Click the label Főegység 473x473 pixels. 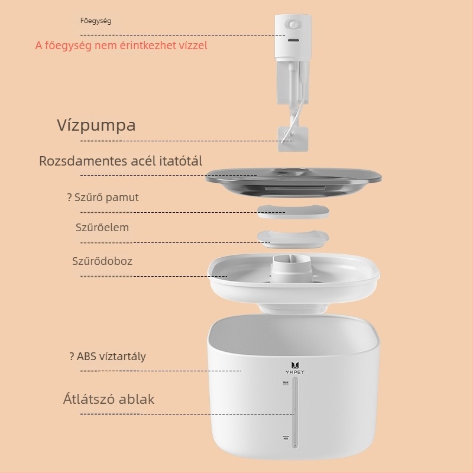point(96,21)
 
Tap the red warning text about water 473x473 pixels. point(121,46)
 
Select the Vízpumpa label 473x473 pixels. point(96,125)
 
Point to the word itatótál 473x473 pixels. point(181,161)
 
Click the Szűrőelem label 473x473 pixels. point(102,228)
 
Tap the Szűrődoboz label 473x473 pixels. point(102,261)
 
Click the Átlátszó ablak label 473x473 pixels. point(109,400)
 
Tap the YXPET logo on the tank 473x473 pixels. point(295,368)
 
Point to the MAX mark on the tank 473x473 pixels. point(286,383)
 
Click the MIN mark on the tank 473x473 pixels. point(286,438)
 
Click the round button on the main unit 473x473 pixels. point(293,24)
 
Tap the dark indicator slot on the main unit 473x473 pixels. point(293,40)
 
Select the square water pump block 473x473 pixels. point(293,139)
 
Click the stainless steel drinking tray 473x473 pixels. point(293,182)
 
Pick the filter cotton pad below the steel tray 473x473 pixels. point(293,212)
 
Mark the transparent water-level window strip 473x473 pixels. point(295,412)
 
